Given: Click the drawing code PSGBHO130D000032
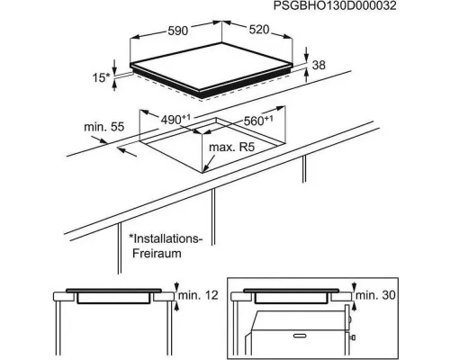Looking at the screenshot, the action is pos(335,5).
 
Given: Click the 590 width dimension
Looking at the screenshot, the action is pos(178,31).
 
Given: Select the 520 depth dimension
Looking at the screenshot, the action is pos(259,30).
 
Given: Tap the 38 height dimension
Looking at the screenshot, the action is pos(319,65).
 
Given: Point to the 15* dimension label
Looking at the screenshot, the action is pos(101,77).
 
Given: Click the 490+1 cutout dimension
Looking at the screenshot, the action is pos(175,120).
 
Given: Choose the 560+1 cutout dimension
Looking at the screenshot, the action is pos(258,121).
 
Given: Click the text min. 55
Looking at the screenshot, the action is pos(103,127).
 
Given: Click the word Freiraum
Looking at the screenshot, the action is pos(157,254).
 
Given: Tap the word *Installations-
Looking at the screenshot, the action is pos(165,238).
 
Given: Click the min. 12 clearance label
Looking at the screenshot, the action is pos(198,295).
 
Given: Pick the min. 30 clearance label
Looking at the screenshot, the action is pos(375,295).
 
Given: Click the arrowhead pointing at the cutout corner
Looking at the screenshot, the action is pos(206,169).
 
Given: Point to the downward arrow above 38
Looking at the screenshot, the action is pos(306,56).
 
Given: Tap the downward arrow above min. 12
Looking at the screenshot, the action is pos(176,286).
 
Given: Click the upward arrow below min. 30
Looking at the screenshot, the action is pos(355,306).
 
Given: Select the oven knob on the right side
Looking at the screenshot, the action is pos(354,337).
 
